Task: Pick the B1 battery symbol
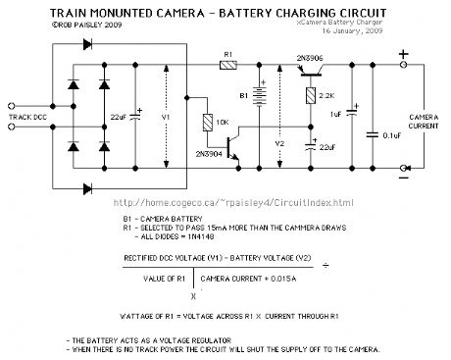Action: pyautogui.click(x=259, y=98)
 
